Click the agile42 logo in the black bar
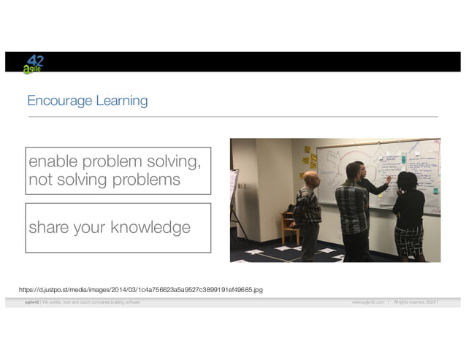pos(32,64)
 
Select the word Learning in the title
pos(121,100)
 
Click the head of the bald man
pos(310,178)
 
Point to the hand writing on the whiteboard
pos(389,177)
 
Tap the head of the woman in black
pos(408,180)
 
